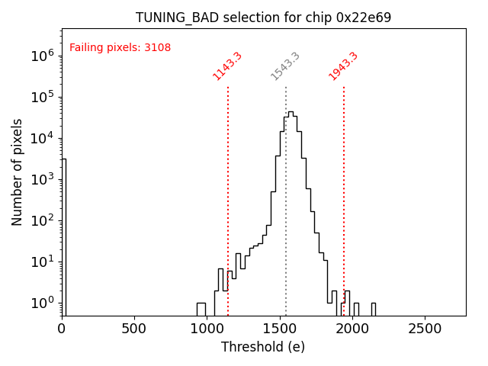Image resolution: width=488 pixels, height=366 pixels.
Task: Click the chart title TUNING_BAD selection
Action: pos(263,18)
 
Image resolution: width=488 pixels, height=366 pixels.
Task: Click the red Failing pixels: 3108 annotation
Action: pos(120,48)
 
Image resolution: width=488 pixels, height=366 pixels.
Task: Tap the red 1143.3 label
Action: pos(227,66)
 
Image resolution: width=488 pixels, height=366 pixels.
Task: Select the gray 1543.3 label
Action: pos(285,66)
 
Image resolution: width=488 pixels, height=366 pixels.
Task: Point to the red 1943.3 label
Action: pos(343,66)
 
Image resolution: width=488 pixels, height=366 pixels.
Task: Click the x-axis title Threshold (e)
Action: pos(263,347)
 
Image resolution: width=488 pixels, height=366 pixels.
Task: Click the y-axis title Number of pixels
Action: pos(18,172)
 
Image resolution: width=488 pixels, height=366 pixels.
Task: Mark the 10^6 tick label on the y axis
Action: pos(41,56)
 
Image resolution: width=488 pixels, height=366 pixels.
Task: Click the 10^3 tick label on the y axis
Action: pos(41,179)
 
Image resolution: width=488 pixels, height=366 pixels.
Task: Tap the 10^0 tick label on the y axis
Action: pos(41,303)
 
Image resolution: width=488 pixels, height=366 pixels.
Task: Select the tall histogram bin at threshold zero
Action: pos(64,236)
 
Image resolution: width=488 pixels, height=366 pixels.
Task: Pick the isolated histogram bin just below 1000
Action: pos(201,309)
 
